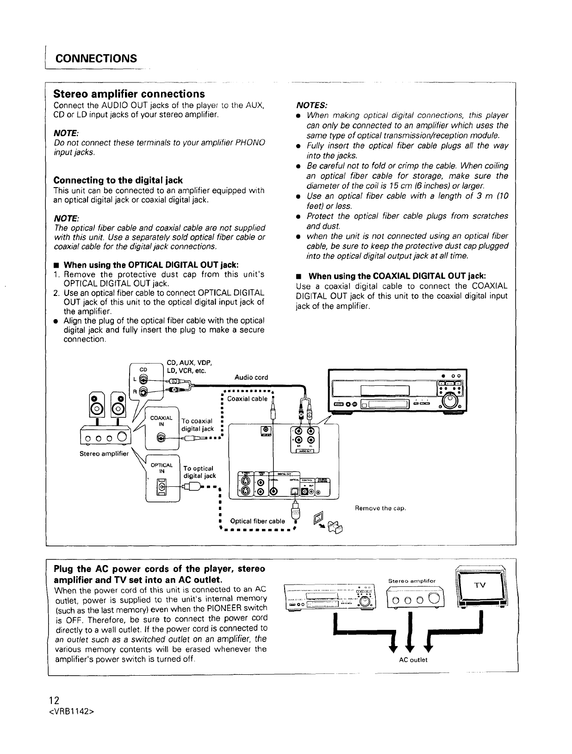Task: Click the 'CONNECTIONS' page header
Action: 96,59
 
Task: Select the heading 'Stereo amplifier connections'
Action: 129,94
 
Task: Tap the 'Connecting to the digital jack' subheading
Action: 118,180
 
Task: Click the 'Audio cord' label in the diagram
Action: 251,377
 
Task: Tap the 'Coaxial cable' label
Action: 248,399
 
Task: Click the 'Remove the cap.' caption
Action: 380,509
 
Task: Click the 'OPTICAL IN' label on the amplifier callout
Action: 162,468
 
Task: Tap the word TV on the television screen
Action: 481,585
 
